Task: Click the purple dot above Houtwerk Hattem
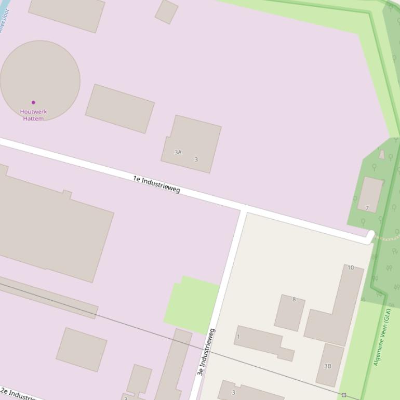[x=33, y=102]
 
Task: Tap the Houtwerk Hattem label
[x=33, y=115]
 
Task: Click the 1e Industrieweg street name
[x=156, y=184]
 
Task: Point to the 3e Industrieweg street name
[x=206, y=352]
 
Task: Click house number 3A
[x=178, y=152]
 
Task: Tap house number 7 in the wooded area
[x=367, y=208]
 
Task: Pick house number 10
[x=351, y=268]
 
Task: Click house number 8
[x=294, y=299]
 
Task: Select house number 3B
[x=328, y=366]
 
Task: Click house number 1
[x=238, y=337]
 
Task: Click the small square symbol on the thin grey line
[x=344, y=395]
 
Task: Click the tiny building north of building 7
[x=382, y=154]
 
